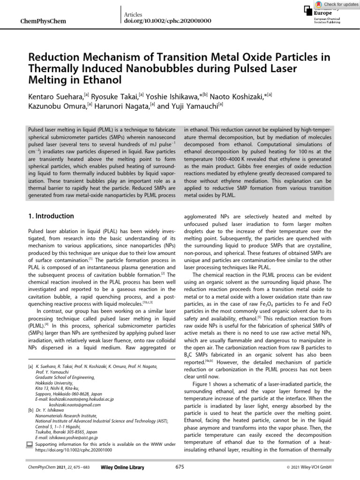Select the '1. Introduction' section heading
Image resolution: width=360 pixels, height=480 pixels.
coord(51,216)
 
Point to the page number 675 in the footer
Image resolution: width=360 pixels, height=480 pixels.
coord(180,467)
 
